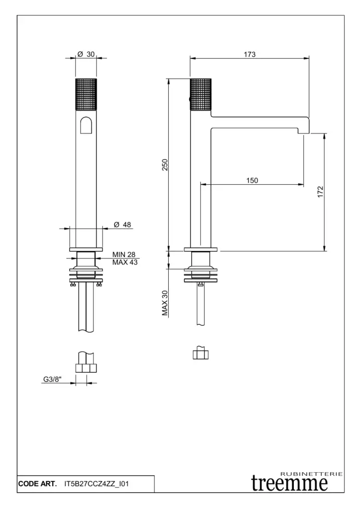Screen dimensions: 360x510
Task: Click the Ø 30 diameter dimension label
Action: click(x=86, y=54)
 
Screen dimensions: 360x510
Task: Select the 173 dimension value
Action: click(x=250, y=54)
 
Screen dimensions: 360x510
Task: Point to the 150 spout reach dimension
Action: click(x=252, y=180)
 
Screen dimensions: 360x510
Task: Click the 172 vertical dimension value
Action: click(x=320, y=192)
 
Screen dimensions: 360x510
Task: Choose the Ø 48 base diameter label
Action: click(x=122, y=225)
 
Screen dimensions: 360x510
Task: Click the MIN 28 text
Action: click(x=124, y=255)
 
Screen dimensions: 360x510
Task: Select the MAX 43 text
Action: click(x=125, y=262)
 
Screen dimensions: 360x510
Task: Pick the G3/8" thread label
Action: click(x=52, y=379)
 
